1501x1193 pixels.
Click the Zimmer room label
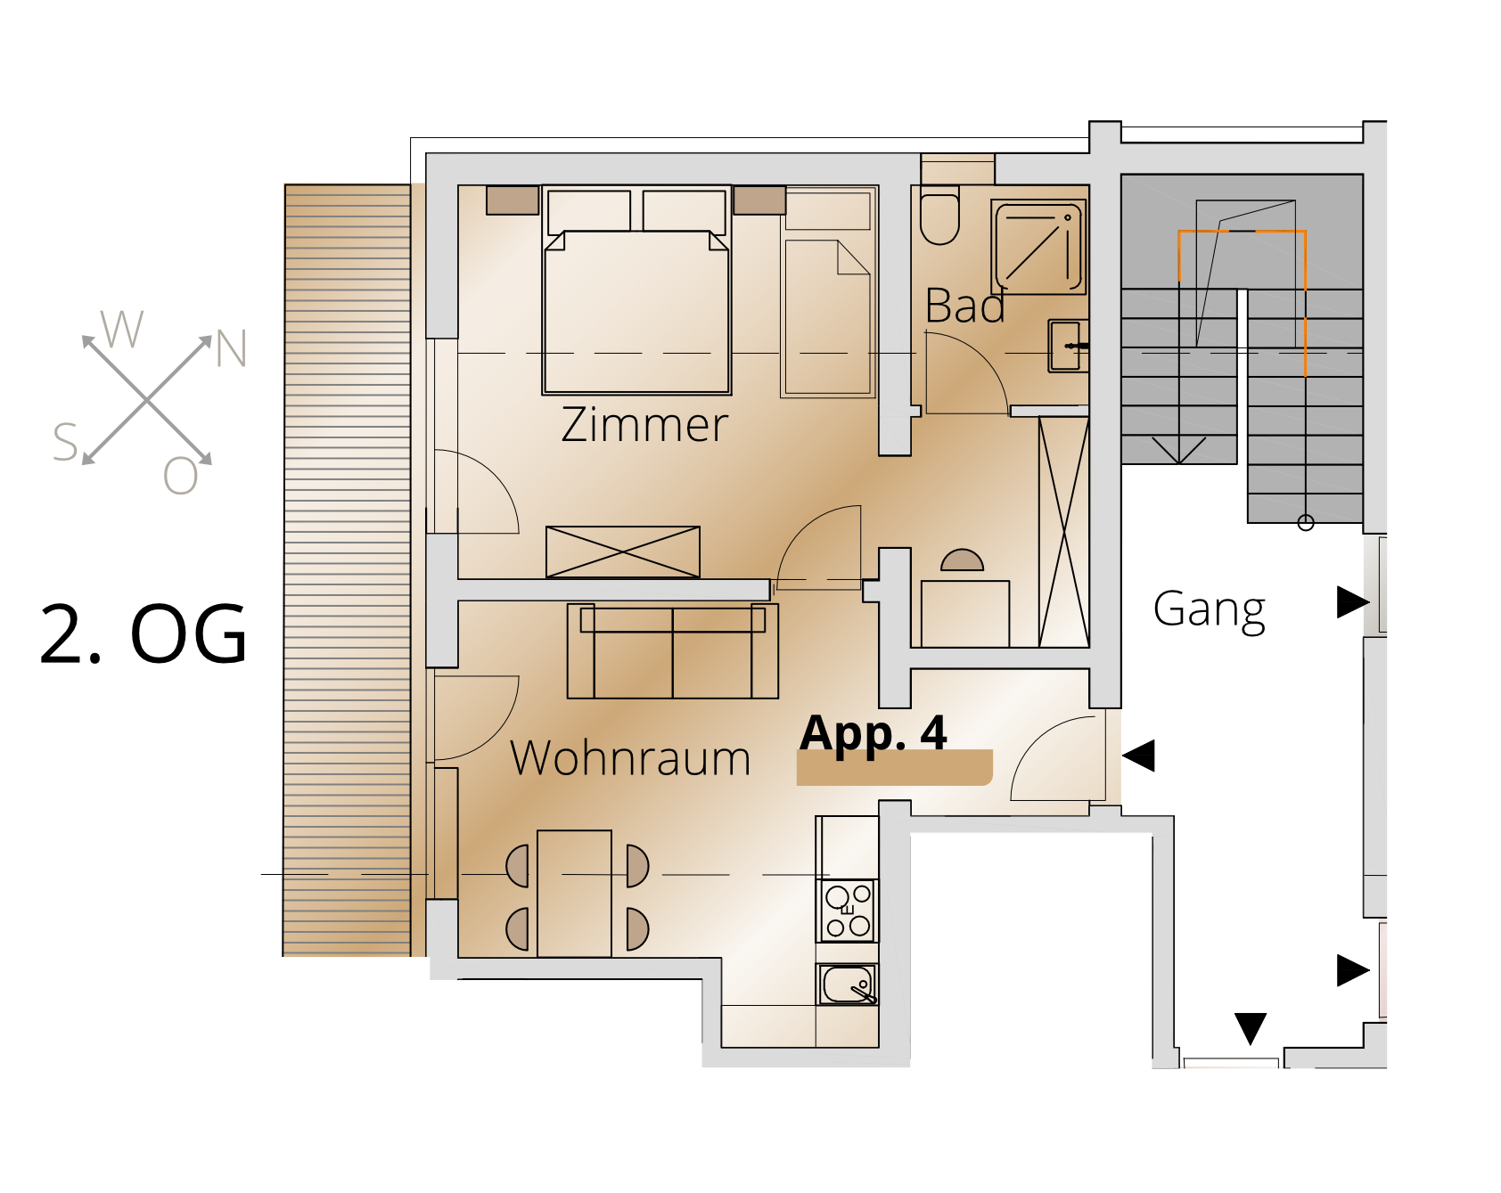pos(644,424)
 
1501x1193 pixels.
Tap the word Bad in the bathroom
pos(965,306)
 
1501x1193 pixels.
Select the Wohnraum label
pos(630,758)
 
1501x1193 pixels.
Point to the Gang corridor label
pos(1209,610)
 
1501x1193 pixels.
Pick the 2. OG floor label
pos(143,633)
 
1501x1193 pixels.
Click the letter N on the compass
pos(231,348)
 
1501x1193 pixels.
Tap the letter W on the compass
pos(121,329)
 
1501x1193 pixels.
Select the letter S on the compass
pos(65,442)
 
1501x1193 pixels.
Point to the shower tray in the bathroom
pos(1038,247)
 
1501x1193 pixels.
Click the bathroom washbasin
pos(1067,346)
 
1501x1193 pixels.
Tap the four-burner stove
pos(848,911)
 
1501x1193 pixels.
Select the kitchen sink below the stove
pos(848,985)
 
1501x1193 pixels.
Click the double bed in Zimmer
pos(636,290)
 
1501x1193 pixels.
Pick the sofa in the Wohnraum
pos(673,651)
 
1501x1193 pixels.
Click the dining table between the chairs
pos(575,894)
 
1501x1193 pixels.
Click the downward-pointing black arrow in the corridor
pos(1251,1028)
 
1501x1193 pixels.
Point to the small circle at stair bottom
pos(1306,523)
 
